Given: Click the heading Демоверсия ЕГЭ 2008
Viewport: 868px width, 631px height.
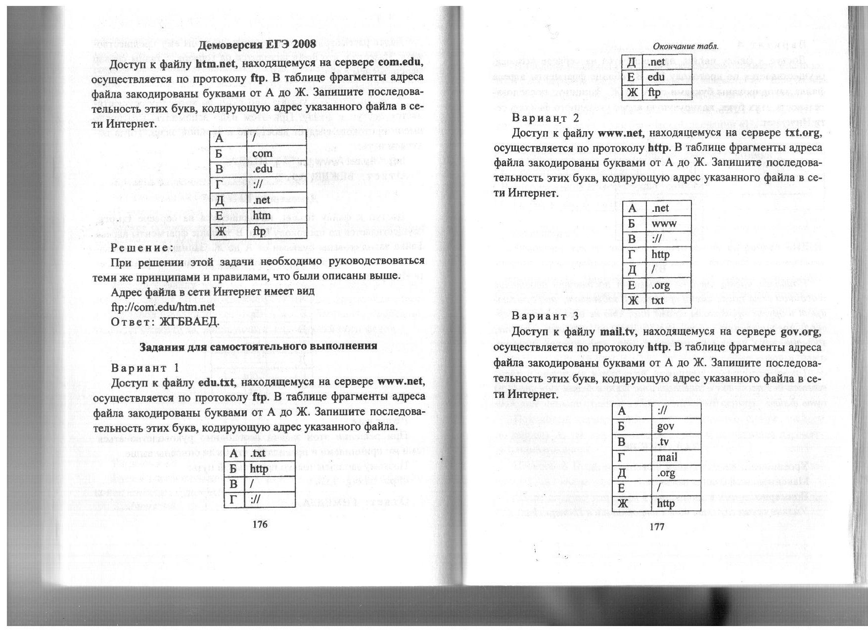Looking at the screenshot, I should pyautogui.click(x=257, y=45).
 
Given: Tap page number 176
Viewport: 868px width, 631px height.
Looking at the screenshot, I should pyautogui.click(x=259, y=524).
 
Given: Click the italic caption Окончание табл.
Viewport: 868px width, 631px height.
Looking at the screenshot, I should pyautogui.click(x=685, y=46).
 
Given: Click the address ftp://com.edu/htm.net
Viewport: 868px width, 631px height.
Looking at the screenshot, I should pyautogui.click(x=163, y=307).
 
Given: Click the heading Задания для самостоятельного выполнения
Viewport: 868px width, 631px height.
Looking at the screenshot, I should pyautogui.click(x=258, y=346).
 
